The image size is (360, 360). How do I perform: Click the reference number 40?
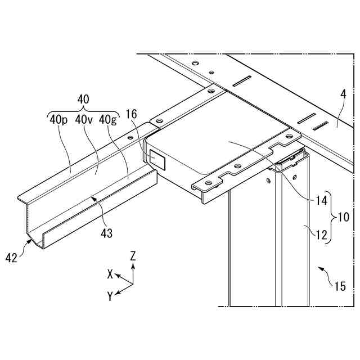coord(83,99)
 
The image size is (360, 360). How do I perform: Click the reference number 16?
coord(131,114)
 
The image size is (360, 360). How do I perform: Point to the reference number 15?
coord(339,286)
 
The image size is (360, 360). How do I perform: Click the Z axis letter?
coord(133,255)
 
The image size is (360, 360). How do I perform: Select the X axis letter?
coord(111,274)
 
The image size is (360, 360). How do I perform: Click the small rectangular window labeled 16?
coord(157,159)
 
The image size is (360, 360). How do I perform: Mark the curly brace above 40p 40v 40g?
coord(83,110)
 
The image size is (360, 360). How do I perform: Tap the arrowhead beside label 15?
coord(321,269)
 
